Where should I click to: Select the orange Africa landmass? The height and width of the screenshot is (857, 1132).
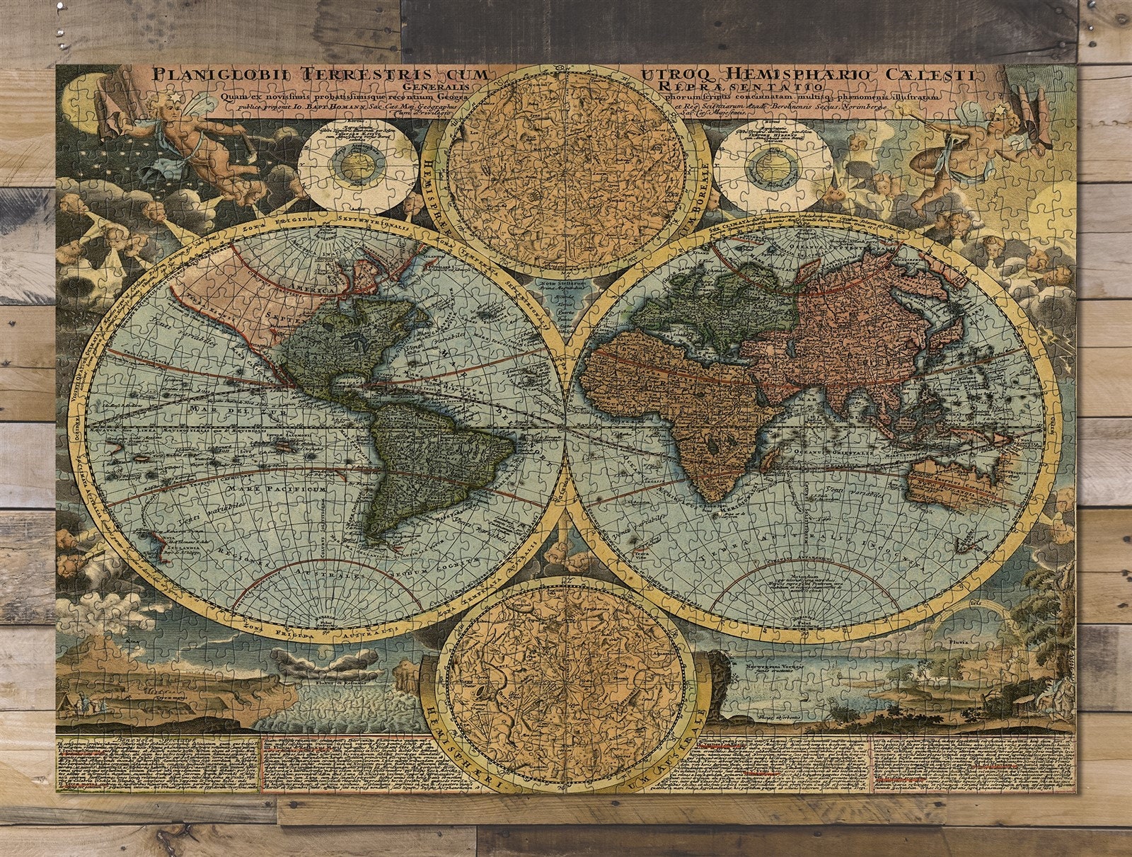[x=679, y=410]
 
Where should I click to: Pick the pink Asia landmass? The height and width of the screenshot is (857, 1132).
[x=849, y=318]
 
